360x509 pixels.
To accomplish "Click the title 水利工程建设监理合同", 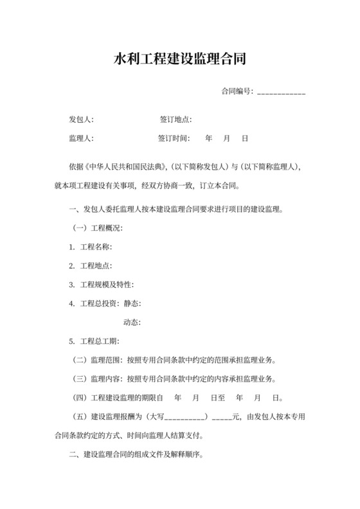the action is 180,61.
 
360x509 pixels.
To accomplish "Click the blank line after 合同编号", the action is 281,92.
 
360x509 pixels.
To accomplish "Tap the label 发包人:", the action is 82,120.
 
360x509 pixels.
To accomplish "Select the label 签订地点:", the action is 175,120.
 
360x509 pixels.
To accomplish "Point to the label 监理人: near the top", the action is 82,138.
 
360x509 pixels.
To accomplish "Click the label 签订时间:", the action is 174,138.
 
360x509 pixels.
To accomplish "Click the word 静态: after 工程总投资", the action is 132,303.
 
